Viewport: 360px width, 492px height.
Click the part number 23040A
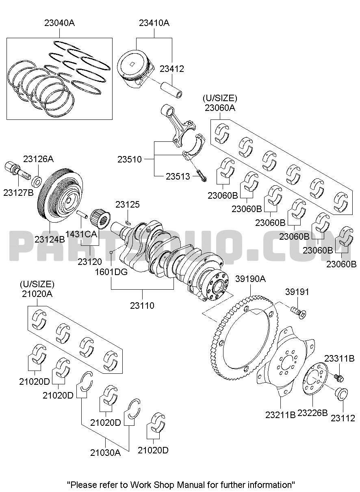pos(59,23)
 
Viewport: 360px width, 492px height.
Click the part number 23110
pos(142,306)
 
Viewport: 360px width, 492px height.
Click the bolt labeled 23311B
pos(338,377)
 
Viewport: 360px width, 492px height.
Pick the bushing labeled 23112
pos(341,393)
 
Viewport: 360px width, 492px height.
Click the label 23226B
pos(312,414)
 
